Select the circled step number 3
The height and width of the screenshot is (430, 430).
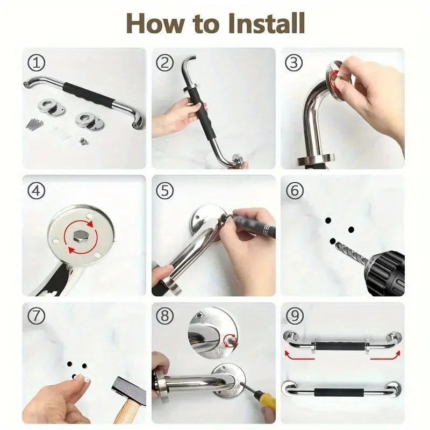(294, 63)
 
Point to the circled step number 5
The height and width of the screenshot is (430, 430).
(164, 190)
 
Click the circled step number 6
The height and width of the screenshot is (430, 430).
(294, 190)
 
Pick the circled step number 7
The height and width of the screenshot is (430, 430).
(36, 317)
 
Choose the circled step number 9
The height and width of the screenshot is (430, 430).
(294, 317)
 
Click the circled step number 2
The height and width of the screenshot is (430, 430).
(164, 63)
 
